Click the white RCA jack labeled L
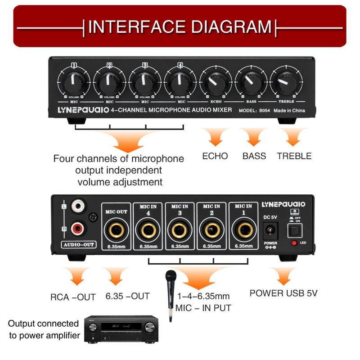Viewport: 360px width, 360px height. [x=79, y=207]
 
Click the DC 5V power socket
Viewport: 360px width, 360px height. [x=270, y=230]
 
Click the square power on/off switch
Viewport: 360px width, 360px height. [x=294, y=231]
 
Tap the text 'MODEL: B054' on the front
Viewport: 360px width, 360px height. [x=255, y=110]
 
